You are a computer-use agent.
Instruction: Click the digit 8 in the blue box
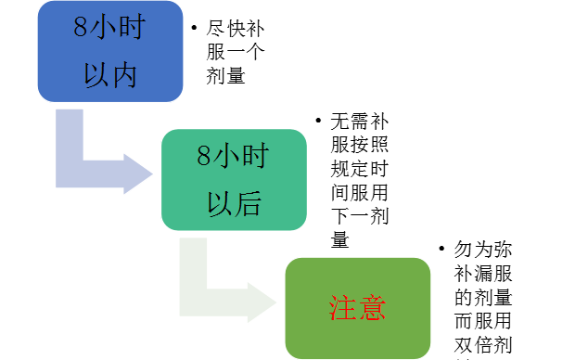click(x=82, y=27)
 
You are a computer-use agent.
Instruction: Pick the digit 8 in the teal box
click(x=204, y=156)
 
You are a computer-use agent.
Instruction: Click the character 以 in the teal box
click(x=220, y=205)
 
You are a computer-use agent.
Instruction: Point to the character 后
click(x=247, y=205)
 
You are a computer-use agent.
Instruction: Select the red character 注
click(x=343, y=308)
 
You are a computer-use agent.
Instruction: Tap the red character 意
click(x=371, y=308)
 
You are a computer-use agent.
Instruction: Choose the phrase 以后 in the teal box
click(x=234, y=205)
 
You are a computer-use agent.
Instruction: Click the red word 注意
click(x=357, y=308)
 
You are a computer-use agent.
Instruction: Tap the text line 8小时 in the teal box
click(x=232, y=156)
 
